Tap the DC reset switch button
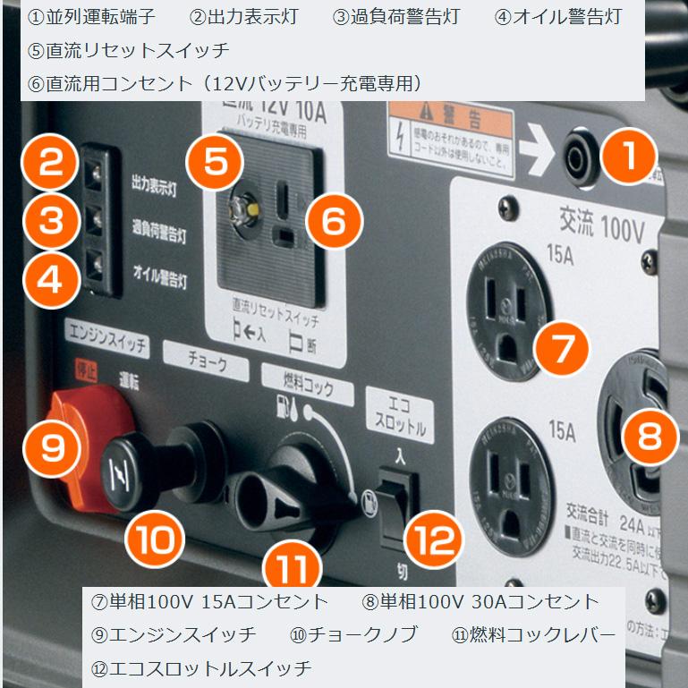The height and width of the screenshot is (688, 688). click(x=242, y=210)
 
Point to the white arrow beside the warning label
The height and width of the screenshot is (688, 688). click(x=538, y=155)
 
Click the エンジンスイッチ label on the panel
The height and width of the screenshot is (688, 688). click(x=106, y=344)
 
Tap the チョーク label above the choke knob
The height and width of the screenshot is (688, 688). click(x=206, y=365)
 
